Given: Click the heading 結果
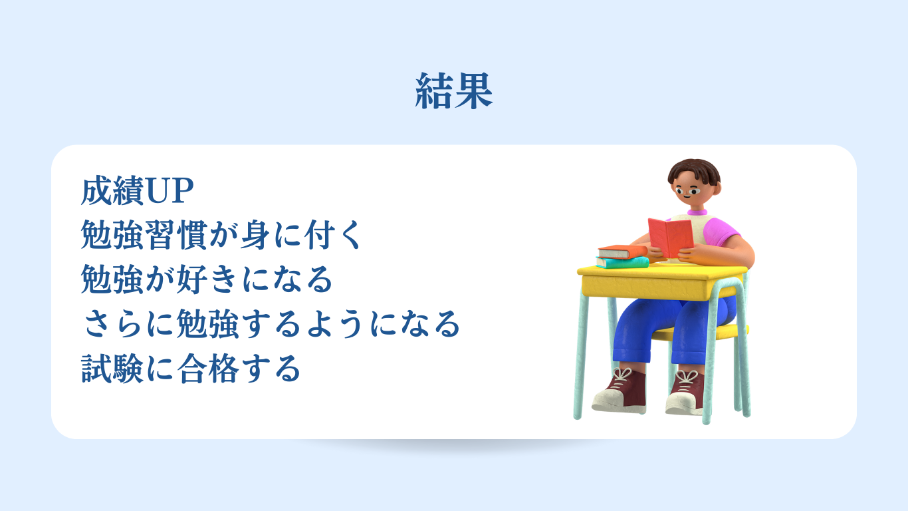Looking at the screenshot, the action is pos(454,91).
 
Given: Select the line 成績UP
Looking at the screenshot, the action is pos(138,191).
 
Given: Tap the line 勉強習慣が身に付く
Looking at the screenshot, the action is pos(221,235).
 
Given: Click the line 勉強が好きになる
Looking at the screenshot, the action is pos(207,279).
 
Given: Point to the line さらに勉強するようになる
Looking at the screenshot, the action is pos(271,323).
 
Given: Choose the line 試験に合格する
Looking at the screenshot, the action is pos(191,368).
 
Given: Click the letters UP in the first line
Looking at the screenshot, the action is pos(170,191).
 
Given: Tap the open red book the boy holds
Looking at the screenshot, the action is pos(671,238).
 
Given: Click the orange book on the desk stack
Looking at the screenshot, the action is pos(622,252).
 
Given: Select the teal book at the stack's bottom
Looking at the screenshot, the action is pos(622,263).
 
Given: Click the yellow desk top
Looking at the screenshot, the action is pos(662,271).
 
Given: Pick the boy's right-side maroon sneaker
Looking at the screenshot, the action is pos(686,392).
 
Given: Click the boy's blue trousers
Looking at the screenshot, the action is pos(673,329).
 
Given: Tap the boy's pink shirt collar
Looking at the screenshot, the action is pos(697,212).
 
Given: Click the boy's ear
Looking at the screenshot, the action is pos(717,190).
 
